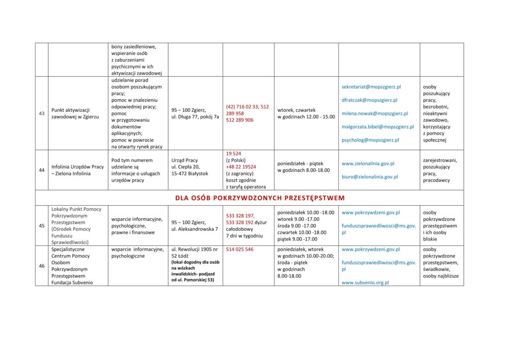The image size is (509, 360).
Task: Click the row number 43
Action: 42,113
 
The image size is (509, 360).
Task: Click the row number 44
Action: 42,170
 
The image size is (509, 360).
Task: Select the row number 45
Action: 42,226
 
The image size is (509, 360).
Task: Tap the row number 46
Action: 42,266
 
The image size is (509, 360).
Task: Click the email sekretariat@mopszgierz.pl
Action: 371,87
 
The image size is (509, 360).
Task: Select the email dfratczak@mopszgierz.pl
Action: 369,100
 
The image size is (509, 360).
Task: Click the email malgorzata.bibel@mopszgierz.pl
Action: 378,127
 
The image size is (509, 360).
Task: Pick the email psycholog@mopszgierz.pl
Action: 370,140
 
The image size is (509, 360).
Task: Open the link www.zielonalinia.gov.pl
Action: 368,163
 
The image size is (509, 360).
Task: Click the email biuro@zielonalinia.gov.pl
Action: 369,177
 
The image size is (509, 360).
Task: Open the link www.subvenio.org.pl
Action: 365,282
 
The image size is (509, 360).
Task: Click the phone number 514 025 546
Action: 240,249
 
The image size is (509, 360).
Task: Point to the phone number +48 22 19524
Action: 241,167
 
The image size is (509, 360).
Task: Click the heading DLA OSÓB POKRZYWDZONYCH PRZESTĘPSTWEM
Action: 259,198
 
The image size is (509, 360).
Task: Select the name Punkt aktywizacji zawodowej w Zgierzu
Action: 75,113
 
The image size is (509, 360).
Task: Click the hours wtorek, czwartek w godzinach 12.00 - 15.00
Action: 306,113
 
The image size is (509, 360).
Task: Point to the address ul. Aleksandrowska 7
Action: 194,229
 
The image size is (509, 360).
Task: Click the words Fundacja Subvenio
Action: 72,282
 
